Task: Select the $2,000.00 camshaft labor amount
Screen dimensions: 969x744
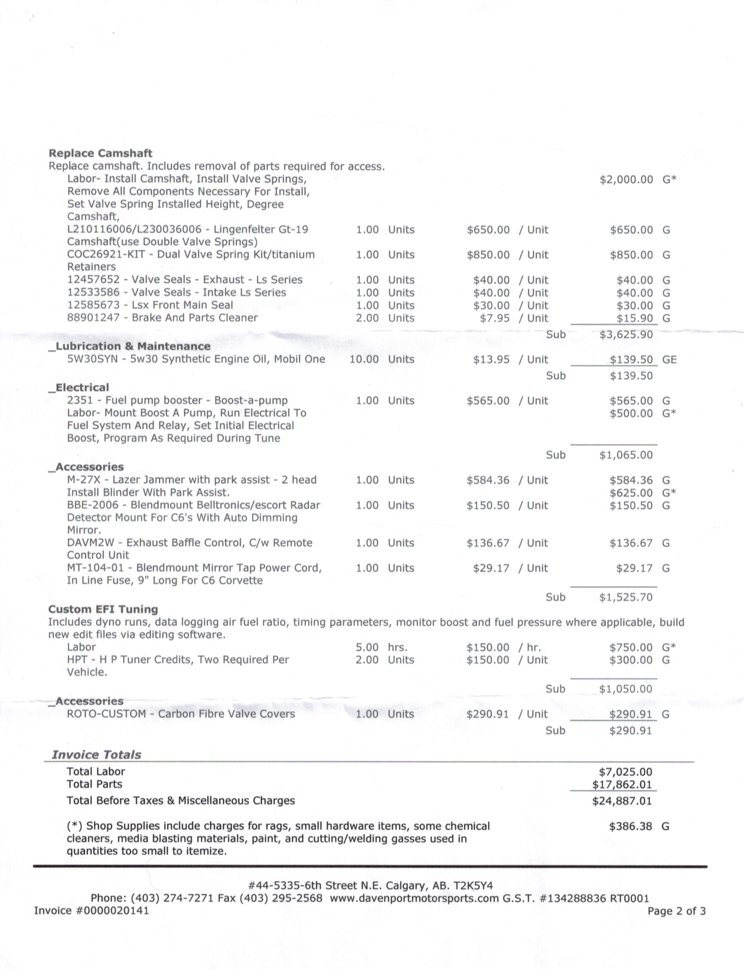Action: [x=626, y=179]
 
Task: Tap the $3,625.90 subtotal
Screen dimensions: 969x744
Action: [x=626, y=334]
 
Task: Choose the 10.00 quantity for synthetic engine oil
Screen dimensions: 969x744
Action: [x=364, y=359]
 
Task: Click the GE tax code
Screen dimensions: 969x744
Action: [x=669, y=360]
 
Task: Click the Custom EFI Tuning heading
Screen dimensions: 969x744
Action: [x=103, y=609]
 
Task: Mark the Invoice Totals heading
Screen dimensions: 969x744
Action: [x=97, y=755]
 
